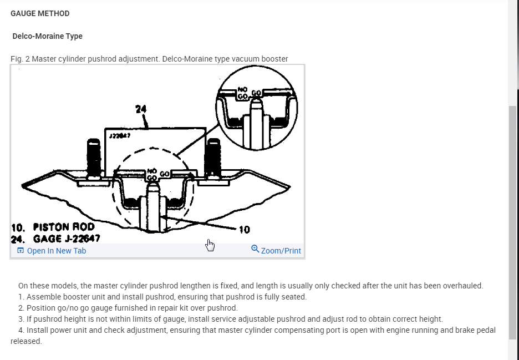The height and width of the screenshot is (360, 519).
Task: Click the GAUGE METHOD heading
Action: [x=40, y=13]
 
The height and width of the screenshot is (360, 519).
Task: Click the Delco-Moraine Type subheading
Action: [x=47, y=36]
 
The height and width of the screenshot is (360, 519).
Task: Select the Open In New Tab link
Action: [x=56, y=251]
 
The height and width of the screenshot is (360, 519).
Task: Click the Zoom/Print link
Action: [x=281, y=251]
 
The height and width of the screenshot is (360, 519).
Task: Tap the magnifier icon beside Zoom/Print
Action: [x=255, y=249]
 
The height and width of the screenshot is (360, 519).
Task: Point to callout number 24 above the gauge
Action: [x=140, y=109]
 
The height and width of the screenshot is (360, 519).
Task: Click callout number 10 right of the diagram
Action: [x=244, y=230]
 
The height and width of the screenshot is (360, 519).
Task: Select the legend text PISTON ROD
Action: [x=64, y=227]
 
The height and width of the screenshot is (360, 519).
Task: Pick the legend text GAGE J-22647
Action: [x=67, y=239]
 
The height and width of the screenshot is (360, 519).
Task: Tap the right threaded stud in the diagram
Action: [x=212, y=157]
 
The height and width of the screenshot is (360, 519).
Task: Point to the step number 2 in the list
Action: [x=21, y=308]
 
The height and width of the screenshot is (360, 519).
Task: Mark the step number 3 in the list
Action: [x=21, y=319]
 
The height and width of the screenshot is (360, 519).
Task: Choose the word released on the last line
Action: [x=26, y=341]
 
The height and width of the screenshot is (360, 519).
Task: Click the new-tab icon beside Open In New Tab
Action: [x=21, y=251]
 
